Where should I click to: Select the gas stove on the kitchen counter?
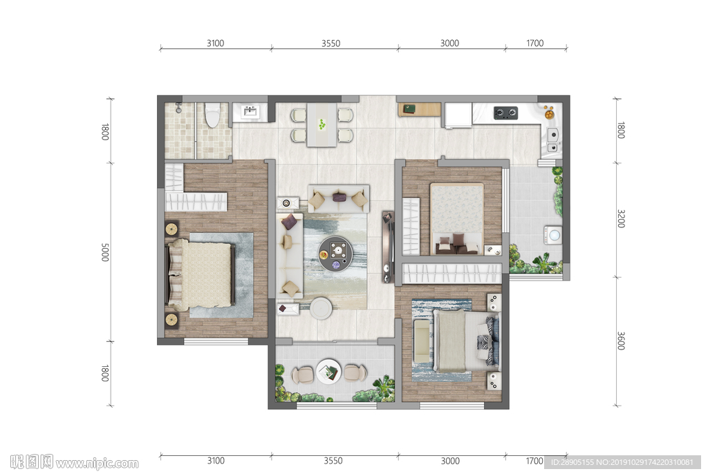click(505, 113)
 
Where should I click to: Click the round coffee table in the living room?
click(335, 254)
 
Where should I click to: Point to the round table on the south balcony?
click(328, 371)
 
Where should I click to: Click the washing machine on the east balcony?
click(554, 235)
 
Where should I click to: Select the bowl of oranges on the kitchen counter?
click(548, 113)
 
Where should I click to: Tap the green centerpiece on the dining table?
click(322, 124)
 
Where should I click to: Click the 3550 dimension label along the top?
click(331, 44)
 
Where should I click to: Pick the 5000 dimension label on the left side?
click(105, 252)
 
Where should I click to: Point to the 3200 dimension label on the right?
click(621, 218)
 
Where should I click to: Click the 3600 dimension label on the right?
click(621, 341)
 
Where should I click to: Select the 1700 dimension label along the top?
click(534, 44)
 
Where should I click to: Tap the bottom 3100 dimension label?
click(216, 461)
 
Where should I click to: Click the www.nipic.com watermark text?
click(97, 463)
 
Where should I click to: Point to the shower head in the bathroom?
click(179, 107)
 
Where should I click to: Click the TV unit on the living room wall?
click(388, 247)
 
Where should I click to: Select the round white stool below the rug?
click(321, 308)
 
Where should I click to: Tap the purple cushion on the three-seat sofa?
click(339, 197)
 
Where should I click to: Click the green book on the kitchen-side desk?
click(409, 108)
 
